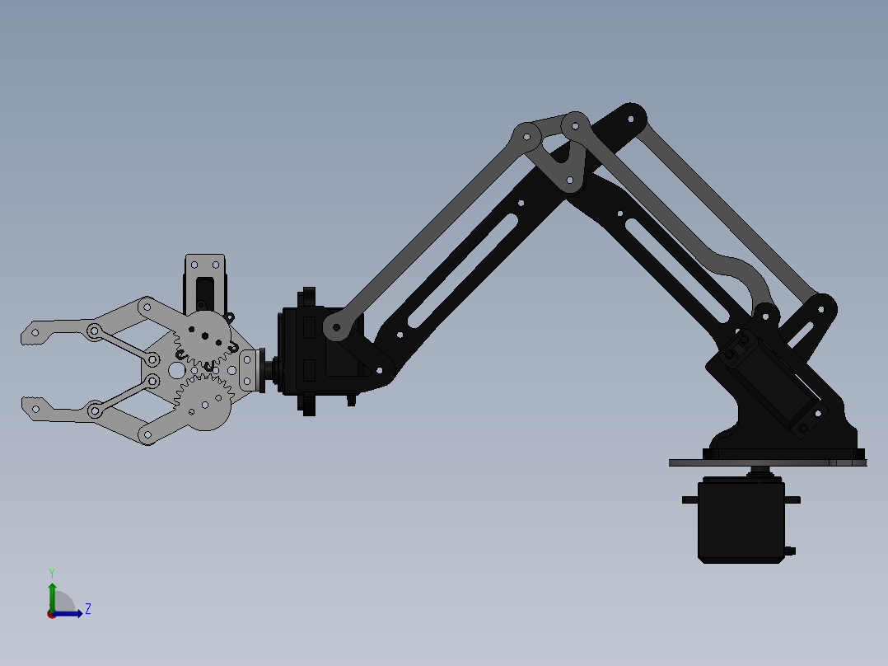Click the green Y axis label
[x=51, y=572]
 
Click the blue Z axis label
[x=87, y=609]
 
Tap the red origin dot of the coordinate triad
[x=52, y=613]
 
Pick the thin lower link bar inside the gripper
[x=124, y=395]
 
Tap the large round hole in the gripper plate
[x=177, y=370]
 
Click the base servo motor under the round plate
[x=741, y=521]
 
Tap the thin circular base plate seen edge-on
[x=766, y=463]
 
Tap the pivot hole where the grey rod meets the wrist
[x=336, y=327]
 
